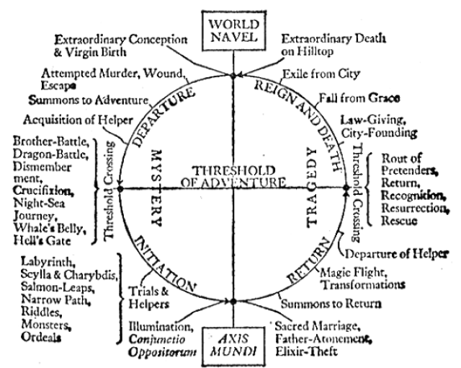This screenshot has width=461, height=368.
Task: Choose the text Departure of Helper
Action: point(397,253)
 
